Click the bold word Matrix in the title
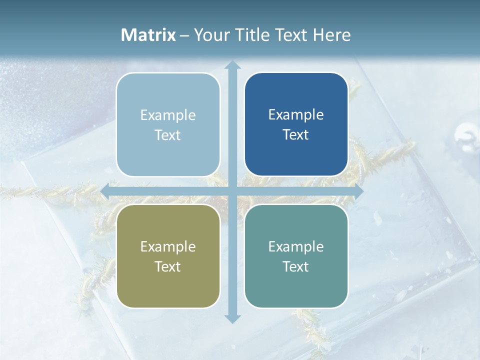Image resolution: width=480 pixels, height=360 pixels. coord(148,35)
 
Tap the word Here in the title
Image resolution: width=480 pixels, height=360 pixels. coord(331,35)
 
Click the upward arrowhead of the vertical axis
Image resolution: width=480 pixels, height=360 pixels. coord(232,65)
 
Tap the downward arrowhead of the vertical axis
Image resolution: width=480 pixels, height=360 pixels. coord(232,318)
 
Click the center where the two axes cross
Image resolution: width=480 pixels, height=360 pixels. coord(232,191)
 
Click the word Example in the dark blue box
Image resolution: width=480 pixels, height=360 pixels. coord(296,115)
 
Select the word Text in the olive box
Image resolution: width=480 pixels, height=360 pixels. coord(168,266)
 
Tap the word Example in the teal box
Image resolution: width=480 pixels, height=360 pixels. coord(296,246)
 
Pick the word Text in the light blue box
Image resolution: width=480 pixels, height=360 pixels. coord(168,135)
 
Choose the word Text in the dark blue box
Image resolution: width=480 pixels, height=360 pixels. coord(296,134)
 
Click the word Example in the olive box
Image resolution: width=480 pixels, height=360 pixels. coord(168,246)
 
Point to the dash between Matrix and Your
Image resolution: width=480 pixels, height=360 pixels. coord(184,35)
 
